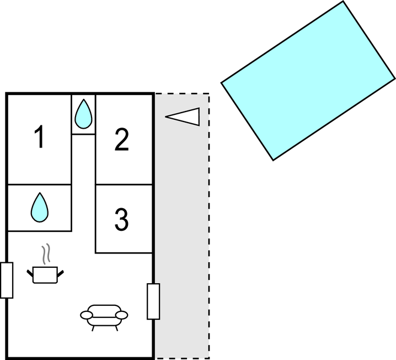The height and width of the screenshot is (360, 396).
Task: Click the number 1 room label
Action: click(x=39, y=137)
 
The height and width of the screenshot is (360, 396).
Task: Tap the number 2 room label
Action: click(x=121, y=140)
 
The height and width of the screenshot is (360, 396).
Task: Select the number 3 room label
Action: click(x=121, y=219)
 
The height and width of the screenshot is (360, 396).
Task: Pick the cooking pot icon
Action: click(x=45, y=274)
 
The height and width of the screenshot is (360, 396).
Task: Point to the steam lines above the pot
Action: click(x=47, y=253)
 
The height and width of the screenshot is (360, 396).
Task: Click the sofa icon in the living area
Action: click(x=104, y=315)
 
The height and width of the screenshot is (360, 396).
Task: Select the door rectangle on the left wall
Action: click(x=7, y=280)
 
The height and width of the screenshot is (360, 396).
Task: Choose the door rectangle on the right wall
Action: click(x=153, y=301)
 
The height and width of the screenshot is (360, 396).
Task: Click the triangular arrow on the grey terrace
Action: click(x=183, y=116)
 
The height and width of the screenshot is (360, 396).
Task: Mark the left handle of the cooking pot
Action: click(x=30, y=272)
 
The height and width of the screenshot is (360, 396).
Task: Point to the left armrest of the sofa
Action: click(x=87, y=315)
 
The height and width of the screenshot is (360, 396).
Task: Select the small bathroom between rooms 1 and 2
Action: click(x=83, y=114)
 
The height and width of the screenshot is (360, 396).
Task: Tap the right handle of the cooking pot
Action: click(x=60, y=272)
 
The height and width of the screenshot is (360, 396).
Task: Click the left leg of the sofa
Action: click(x=93, y=327)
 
